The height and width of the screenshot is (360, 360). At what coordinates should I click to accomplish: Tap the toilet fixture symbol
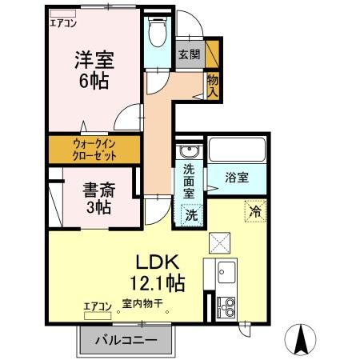[158, 33]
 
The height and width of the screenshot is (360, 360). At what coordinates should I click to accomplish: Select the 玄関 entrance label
[189, 55]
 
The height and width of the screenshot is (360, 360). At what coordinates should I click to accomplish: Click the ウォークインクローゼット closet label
[94, 149]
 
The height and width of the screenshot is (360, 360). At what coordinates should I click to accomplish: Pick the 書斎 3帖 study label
[98, 198]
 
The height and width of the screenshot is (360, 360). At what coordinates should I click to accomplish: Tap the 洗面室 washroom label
[190, 181]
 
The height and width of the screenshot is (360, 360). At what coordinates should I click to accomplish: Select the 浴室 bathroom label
[236, 178]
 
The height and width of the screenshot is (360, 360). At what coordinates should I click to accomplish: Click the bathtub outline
[237, 150]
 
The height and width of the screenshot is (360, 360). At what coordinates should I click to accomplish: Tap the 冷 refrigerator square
[254, 212]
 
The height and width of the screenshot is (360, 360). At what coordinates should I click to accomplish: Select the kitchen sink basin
[225, 272]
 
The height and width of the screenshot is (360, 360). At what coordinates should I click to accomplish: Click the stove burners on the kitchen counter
[225, 306]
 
